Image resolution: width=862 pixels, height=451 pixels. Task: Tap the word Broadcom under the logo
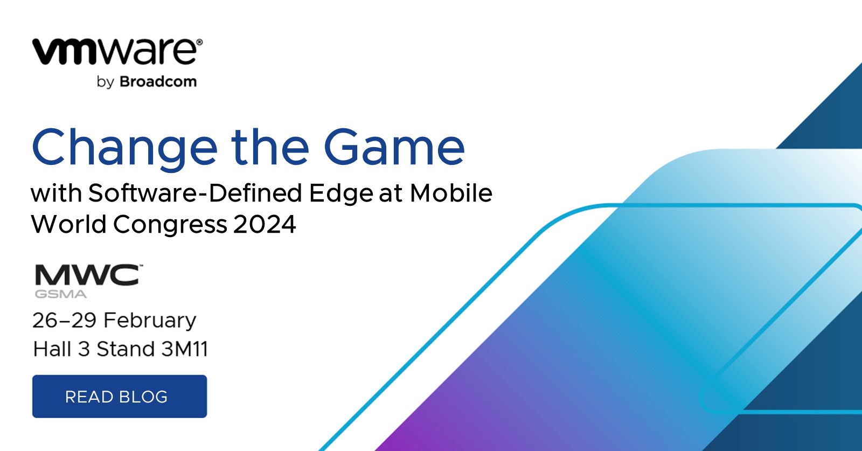point(158,82)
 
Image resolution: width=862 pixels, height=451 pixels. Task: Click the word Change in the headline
point(124,148)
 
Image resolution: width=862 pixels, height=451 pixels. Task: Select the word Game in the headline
point(394,147)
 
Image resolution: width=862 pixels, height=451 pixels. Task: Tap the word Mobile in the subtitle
point(451,193)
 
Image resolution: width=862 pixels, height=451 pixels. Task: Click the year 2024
point(265,224)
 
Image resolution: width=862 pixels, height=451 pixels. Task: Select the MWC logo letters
point(87,275)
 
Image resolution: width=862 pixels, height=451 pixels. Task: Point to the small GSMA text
point(60,294)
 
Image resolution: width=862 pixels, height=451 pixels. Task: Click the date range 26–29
point(64,320)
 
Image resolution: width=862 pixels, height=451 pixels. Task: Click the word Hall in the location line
point(52,349)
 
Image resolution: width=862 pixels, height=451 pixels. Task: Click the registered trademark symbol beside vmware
point(199,42)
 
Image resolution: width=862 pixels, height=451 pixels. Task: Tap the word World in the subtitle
point(69,224)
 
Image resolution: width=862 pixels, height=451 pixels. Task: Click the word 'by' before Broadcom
point(105,82)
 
